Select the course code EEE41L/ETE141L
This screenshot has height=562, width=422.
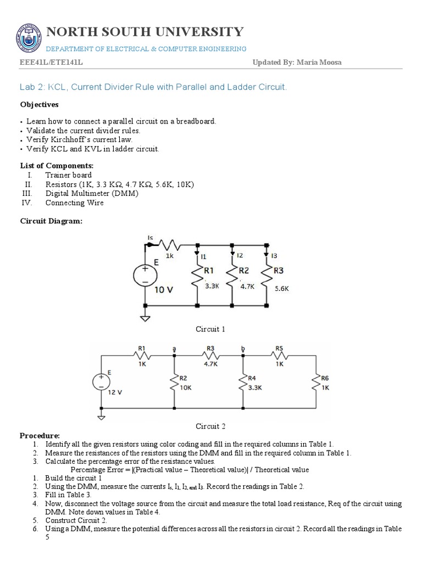point(52,63)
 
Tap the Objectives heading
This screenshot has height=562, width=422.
point(39,104)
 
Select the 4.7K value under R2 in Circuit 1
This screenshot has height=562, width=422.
point(246,286)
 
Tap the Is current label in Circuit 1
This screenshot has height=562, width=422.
point(151,237)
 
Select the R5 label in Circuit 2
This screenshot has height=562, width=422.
point(279,348)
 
